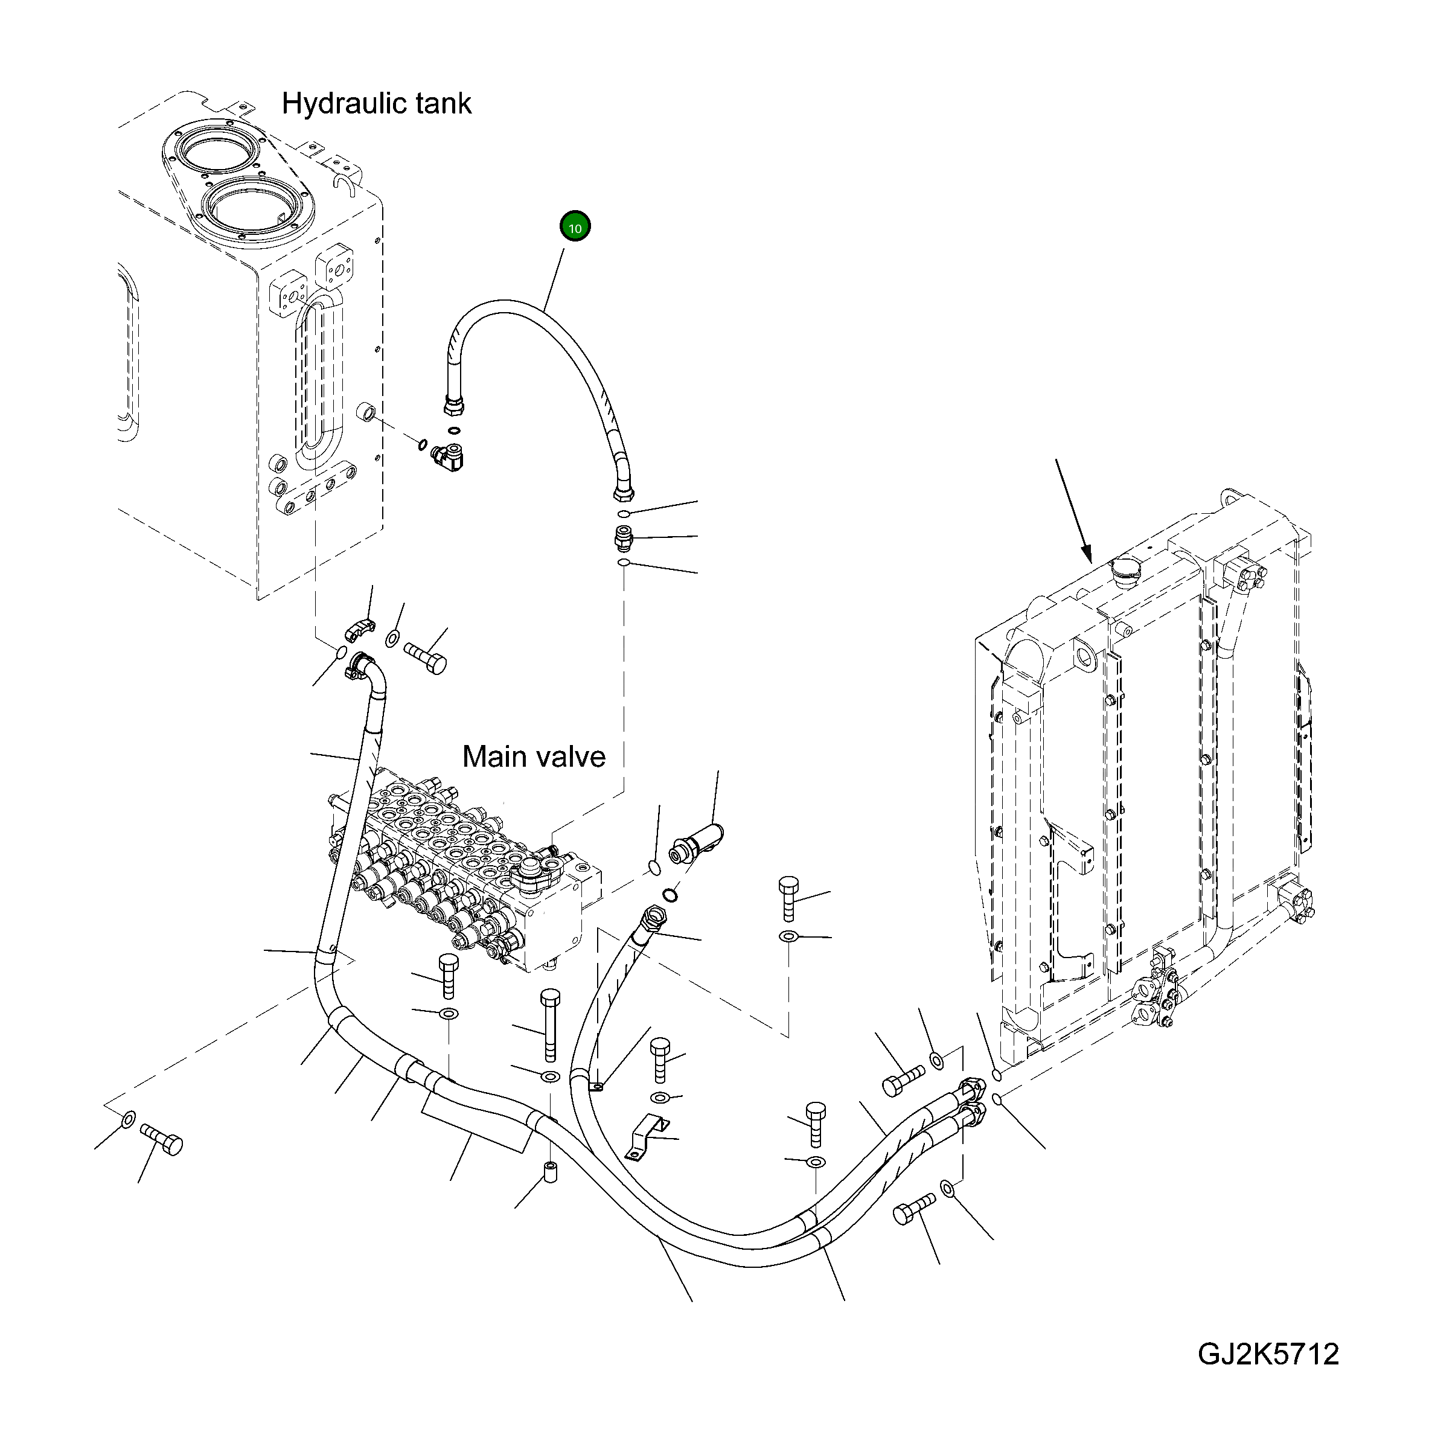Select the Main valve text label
tap(534, 756)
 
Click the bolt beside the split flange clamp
tap(426, 658)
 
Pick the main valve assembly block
tap(465, 871)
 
